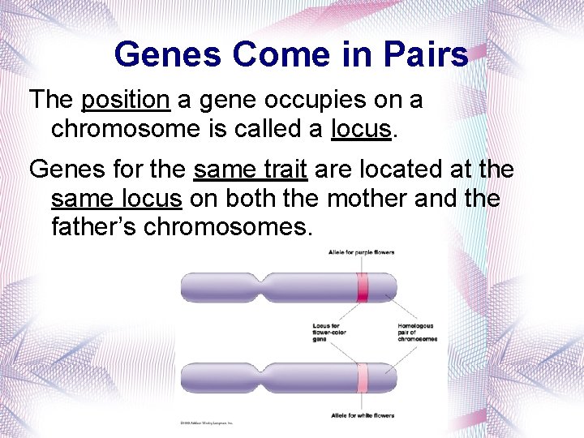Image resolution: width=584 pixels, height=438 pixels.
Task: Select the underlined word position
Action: [x=126, y=101]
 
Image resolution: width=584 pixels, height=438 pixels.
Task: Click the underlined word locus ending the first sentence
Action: [x=360, y=129]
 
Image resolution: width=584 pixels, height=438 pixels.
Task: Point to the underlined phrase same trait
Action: [x=250, y=170]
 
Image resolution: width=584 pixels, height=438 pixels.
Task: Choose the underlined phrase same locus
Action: [x=116, y=199]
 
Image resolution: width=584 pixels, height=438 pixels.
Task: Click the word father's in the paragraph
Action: [x=94, y=227]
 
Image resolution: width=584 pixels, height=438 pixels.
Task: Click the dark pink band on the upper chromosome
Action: [x=363, y=288]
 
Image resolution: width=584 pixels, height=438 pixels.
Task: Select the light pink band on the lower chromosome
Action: [x=363, y=379]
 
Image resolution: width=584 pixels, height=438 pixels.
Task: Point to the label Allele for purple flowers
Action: [x=361, y=252]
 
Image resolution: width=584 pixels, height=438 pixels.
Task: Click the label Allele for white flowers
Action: [x=363, y=415]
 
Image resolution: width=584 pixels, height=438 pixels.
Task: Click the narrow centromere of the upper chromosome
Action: [x=264, y=288]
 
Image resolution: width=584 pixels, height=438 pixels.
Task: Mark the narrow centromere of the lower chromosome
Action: [x=264, y=379]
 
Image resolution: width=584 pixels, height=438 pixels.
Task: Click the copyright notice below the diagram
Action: [x=206, y=423]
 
